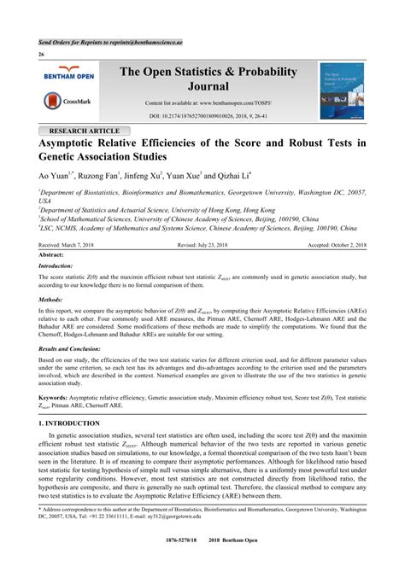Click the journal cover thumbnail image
coord(342,90)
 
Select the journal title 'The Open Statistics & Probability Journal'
coord(208,79)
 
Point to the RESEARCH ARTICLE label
coord(85,131)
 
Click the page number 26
coord(41,54)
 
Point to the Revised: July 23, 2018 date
coord(208,244)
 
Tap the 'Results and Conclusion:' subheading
coord(75,349)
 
